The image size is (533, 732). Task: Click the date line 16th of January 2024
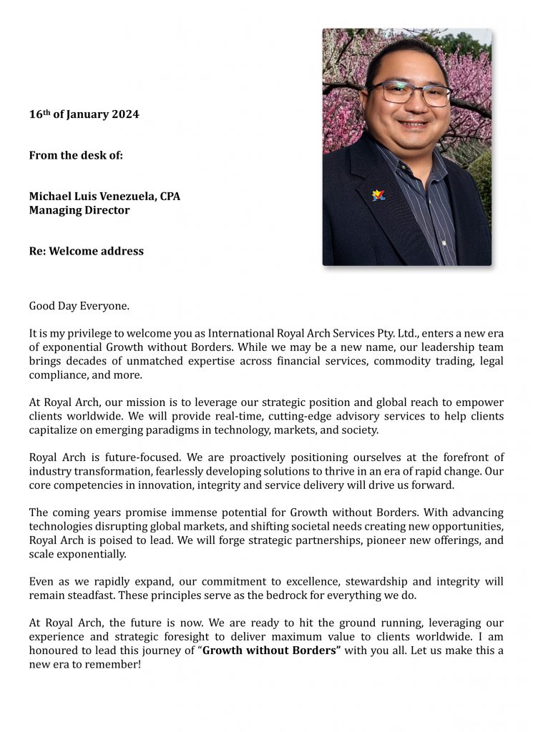click(84, 114)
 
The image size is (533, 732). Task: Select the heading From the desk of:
click(76, 155)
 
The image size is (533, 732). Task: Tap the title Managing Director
click(79, 210)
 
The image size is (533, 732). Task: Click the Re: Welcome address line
click(86, 251)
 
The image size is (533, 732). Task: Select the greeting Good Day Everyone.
click(79, 306)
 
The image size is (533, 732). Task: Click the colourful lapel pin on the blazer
click(378, 195)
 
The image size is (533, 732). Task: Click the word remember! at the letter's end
click(116, 664)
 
